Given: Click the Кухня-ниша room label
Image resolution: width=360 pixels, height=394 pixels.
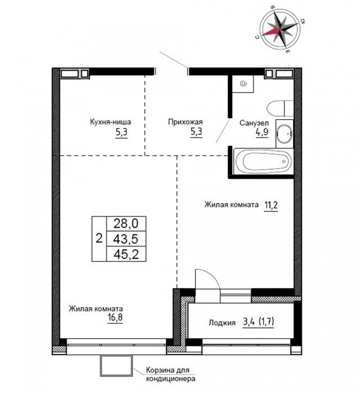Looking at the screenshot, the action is pyautogui.click(x=110, y=122).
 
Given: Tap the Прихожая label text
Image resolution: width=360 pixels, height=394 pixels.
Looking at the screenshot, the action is pyautogui.click(x=185, y=122).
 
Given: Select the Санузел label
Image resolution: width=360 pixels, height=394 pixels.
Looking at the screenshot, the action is pyautogui.click(x=254, y=123).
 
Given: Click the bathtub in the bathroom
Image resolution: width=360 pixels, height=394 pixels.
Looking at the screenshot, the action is pyautogui.click(x=263, y=161).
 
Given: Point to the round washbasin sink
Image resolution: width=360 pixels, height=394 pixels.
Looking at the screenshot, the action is pyautogui.click(x=284, y=133).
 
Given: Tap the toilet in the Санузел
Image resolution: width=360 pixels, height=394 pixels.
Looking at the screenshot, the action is pyautogui.click(x=280, y=108).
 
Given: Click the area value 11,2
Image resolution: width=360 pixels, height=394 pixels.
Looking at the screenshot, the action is pyautogui.click(x=270, y=205).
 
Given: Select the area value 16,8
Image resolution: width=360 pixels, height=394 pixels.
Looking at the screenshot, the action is pyautogui.click(x=115, y=318).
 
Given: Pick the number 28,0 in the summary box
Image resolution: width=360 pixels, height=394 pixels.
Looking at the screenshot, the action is pyautogui.click(x=126, y=223).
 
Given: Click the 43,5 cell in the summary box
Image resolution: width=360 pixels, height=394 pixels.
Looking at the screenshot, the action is pyautogui.click(x=126, y=239).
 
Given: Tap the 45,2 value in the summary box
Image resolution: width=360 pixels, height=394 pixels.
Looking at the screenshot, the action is pyautogui.click(x=126, y=254).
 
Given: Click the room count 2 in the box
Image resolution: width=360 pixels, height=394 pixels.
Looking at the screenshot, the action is pyautogui.click(x=99, y=238).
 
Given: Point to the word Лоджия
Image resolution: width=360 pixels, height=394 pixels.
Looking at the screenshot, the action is pyautogui.click(x=222, y=323).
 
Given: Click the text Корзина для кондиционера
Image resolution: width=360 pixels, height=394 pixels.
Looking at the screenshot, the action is pyautogui.click(x=171, y=374).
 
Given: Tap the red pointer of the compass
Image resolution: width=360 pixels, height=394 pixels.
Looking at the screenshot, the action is pyautogui.click(x=271, y=32).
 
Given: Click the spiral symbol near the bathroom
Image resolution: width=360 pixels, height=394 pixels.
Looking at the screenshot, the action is pyautogui.click(x=243, y=83).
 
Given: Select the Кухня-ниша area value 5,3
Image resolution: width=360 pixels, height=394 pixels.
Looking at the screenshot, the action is pyautogui.click(x=121, y=132).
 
